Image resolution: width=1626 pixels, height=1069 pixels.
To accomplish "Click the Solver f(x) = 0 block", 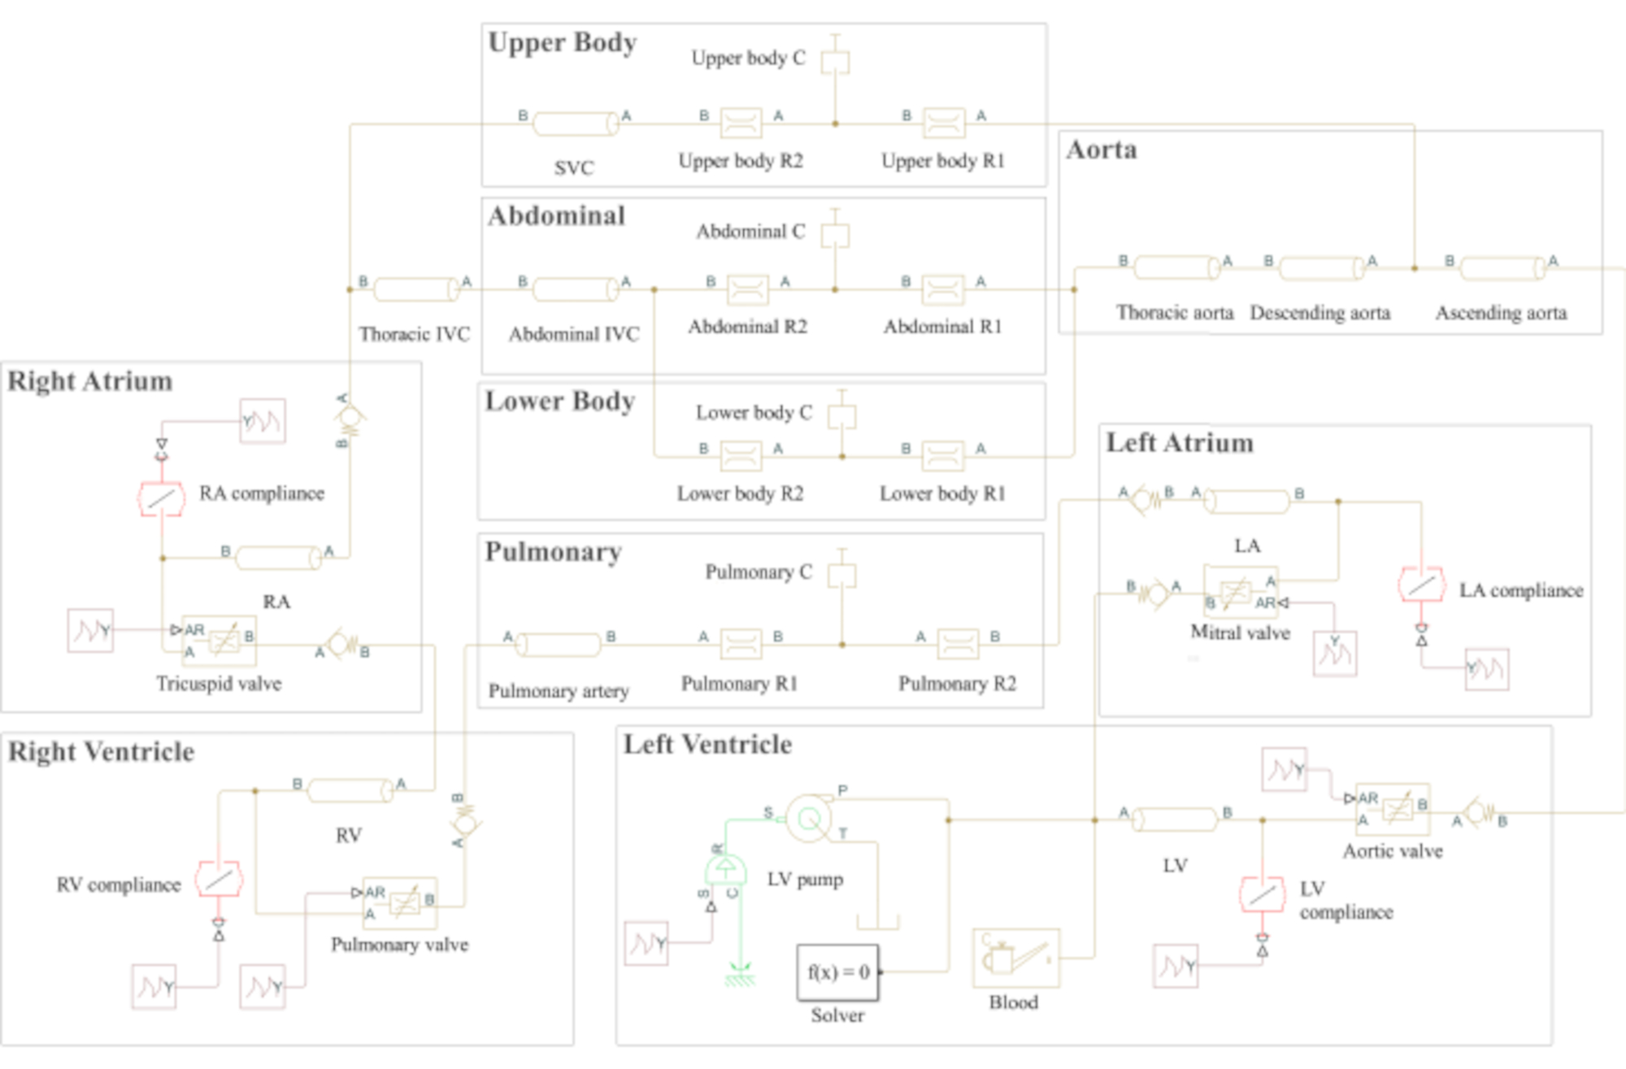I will click(x=837, y=971).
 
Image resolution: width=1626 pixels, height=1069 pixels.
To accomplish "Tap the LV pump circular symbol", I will click(x=809, y=818).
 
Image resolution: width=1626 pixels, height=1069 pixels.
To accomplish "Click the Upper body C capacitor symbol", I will click(x=835, y=61).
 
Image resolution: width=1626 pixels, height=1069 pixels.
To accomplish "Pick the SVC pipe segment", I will click(x=576, y=124).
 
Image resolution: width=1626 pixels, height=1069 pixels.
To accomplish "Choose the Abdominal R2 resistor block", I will click(x=747, y=289).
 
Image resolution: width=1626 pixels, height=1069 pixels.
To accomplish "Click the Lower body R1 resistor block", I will click(x=943, y=456).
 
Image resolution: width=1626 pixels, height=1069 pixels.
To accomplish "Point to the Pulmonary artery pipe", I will click(x=559, y=645).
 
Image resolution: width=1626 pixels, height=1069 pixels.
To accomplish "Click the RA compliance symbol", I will click(x=161, y=498).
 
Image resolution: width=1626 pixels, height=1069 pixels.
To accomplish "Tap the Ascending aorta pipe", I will click(x=1502, y=267).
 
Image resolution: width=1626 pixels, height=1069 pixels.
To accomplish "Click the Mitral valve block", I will click(x=1240, y=592).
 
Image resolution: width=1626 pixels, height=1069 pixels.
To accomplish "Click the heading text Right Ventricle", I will click(x=102, y=752).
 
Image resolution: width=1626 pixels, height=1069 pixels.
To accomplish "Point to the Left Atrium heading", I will click(x=1180, y=443).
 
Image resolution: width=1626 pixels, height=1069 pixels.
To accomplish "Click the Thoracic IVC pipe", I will click(x=415, y=289).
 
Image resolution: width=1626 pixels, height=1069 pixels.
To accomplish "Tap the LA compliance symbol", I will click(x=1421, y=584).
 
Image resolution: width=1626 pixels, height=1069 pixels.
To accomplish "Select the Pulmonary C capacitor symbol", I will click(x=841, y=574).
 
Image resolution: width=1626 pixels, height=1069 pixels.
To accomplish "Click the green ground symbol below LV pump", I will click(x=739, y=974).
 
